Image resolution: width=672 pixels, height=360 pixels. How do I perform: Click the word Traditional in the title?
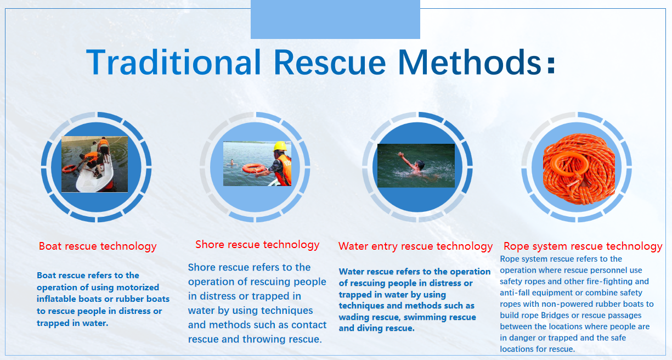point(174,62)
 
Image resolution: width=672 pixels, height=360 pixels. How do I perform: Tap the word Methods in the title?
point(470,62)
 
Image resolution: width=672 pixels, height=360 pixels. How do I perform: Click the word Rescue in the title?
point(330,62)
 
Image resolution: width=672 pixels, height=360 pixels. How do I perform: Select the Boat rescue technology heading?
point(98,246)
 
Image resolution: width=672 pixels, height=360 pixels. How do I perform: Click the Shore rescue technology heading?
point(257,245)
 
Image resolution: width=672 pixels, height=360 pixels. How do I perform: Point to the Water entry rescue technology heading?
point(415,246)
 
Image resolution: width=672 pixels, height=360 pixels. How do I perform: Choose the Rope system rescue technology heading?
point(583,246)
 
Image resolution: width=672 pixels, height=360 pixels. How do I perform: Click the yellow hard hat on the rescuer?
point(280,147)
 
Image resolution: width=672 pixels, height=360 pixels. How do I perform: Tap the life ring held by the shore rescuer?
point(254,168)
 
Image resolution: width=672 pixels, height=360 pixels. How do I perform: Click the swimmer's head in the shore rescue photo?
point(231,162)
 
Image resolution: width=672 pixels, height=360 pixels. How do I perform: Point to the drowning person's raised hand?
point(400,155)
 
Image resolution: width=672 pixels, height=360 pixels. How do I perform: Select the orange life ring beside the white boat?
point(69,168)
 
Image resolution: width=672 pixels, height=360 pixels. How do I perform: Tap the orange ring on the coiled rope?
point(569,165)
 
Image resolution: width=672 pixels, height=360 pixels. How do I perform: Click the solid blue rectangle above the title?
point(335,19)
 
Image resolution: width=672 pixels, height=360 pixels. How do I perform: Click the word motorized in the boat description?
point(138,288)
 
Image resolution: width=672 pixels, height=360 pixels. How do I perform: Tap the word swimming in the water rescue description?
point(425,317)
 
